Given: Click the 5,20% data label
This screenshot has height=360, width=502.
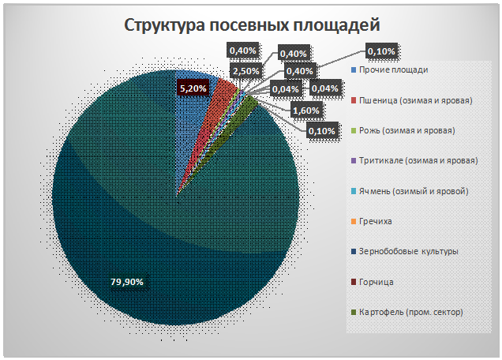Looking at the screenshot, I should [x=193, y=88].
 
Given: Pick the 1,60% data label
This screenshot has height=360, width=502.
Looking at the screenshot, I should [x=306, y=111].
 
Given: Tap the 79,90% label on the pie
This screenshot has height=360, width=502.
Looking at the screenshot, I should [x=127, y=281].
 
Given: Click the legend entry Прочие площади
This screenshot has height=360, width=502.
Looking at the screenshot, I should [x=393, y=70].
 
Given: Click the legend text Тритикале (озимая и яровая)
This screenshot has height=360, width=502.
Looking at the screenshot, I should [x=418, y=160].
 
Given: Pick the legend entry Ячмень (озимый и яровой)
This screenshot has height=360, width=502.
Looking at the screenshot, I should [x=414, y=191].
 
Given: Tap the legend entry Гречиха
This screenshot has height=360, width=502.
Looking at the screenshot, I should [x=375, y=221].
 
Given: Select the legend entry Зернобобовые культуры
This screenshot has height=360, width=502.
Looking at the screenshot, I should [x=408, y=251].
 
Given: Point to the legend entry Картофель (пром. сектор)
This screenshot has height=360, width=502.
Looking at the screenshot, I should [x=410, y=311].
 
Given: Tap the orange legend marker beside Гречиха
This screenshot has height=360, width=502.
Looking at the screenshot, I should [x=353, y=221].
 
